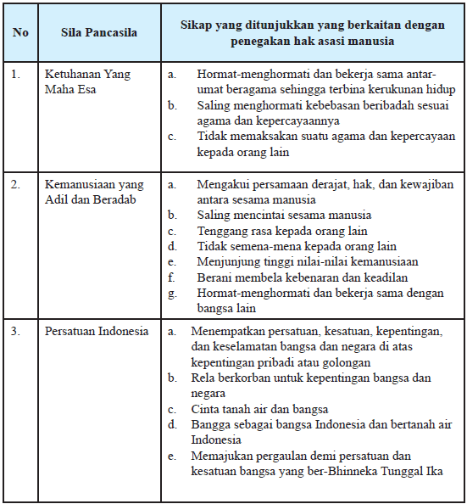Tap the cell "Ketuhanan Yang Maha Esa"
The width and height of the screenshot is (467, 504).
tap(87, 81)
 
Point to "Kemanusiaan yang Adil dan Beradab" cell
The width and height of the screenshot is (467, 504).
tap(94, 192)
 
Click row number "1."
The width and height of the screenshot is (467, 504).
tap(16, 75)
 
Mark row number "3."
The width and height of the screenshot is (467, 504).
tap(16, 331)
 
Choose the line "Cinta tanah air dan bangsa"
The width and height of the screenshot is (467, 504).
tap(259, 409)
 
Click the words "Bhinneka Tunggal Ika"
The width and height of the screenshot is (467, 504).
tap(405, 472)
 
